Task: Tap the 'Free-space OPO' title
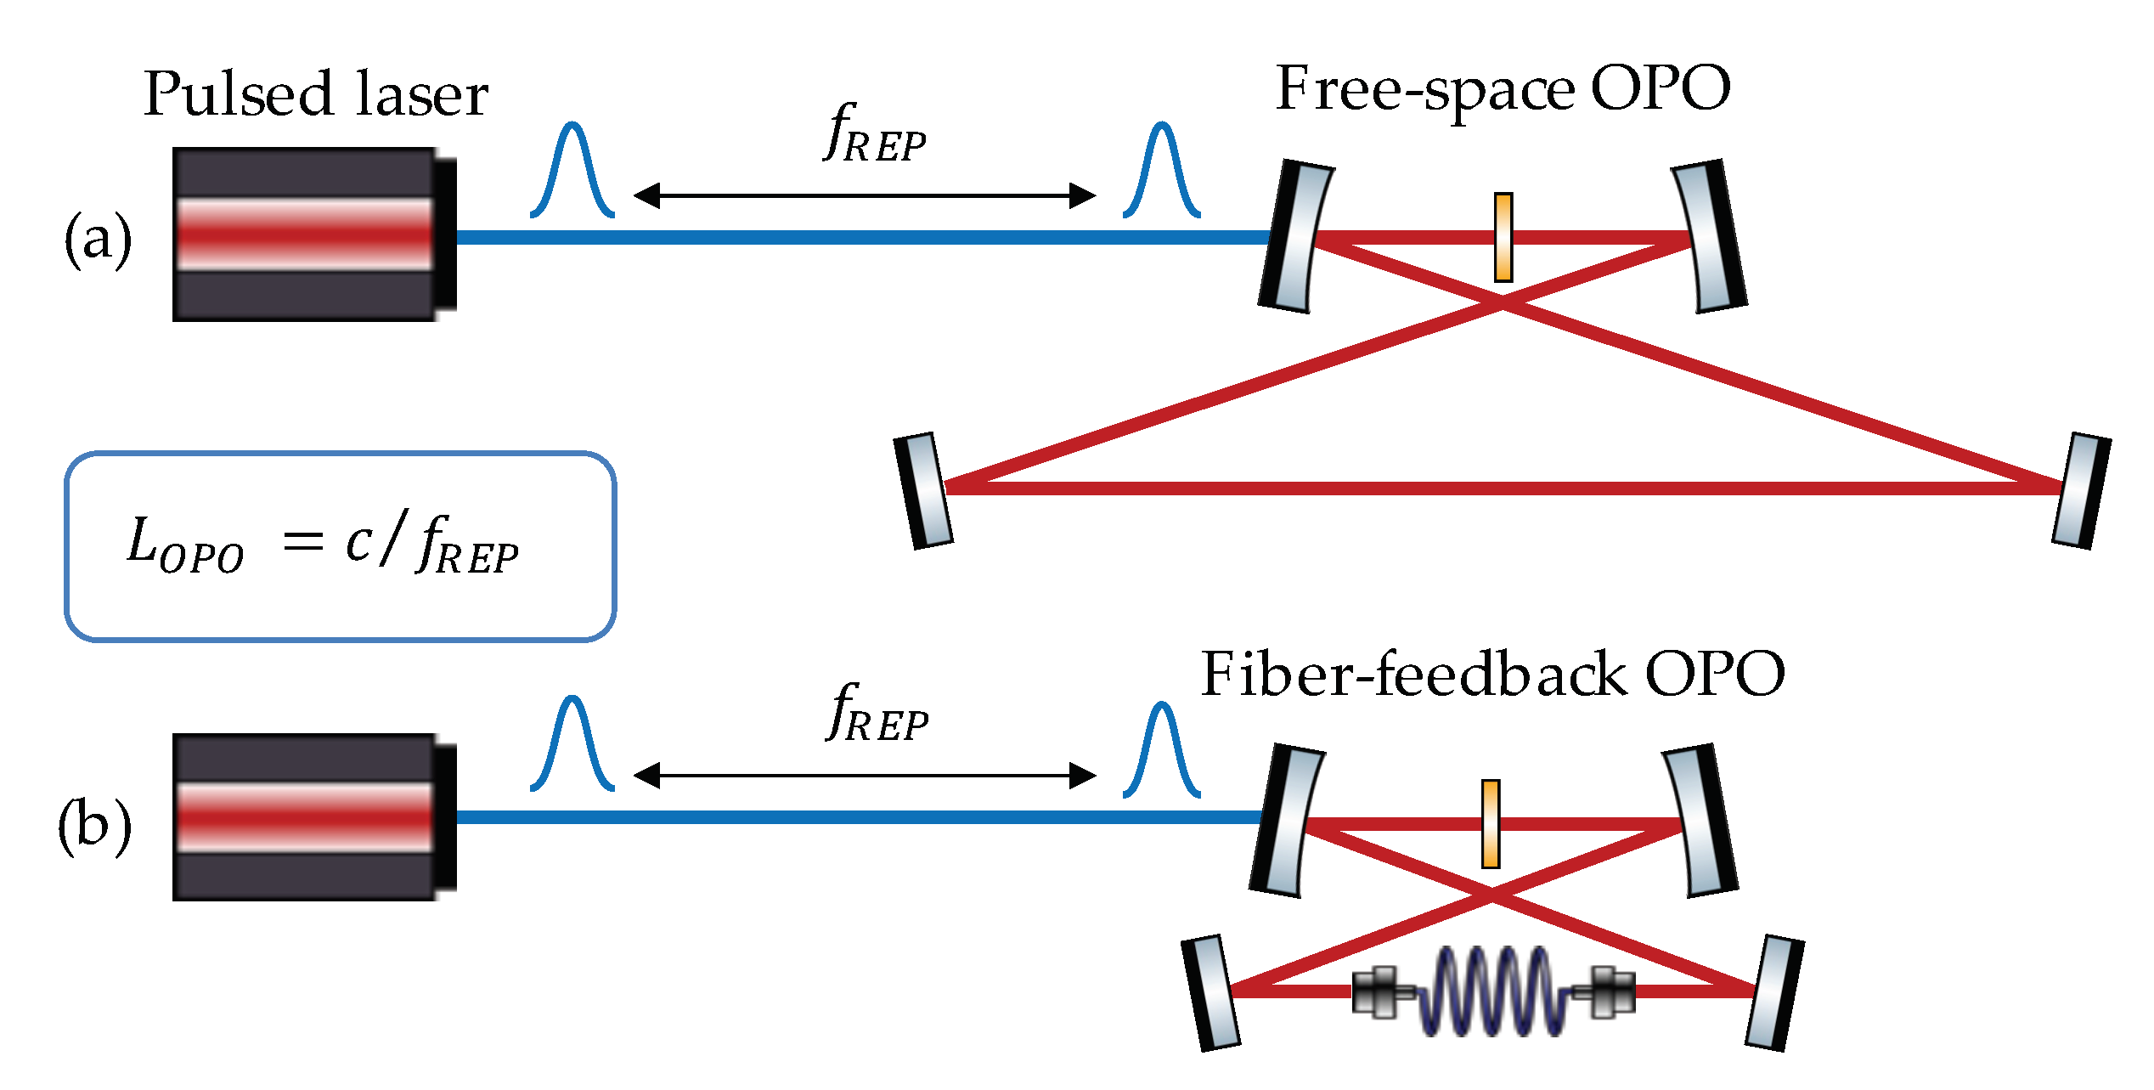click(1503, 89)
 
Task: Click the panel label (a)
click(99, 240)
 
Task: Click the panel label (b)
click(95, 826)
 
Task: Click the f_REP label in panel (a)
click(875, 134)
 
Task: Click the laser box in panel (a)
click(310, 234)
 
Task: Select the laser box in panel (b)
click(310, 817)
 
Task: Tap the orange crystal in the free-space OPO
click(1503, 237)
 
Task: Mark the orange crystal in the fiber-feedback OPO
click(1490, 823)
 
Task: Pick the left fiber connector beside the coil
click(1380, 991)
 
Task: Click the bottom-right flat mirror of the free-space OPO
click(2081, 491)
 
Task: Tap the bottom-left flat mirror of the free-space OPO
click(924, 490)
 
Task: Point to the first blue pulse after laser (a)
click(572, 170)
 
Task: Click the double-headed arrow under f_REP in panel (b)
click(865, 776)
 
